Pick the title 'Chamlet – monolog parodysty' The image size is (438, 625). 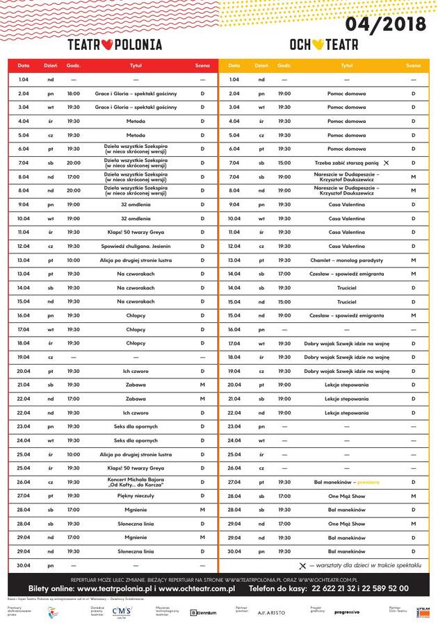click(x=346, y=260)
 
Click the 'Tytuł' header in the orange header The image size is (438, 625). click(x=346, y=66)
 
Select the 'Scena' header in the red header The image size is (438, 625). click(x=202, y=66)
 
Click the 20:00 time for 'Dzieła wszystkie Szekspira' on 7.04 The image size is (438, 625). click(x=73, y=162)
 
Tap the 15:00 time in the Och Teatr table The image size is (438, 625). click(x=284, y=162)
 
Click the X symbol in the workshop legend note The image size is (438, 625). click(x=302, y=566)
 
